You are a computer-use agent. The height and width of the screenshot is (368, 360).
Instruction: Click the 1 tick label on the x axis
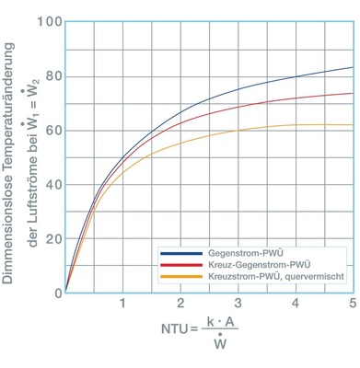pyautogui.click(x=122, y=305)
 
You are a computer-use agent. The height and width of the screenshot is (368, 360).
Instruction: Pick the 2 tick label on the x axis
pyautogui.click(x=180, y=305)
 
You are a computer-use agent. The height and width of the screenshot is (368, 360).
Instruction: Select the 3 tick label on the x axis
pyautogui.click(x=238, y=305)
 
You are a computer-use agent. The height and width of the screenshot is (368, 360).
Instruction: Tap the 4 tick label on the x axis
pyautogui.click(x=295, y=305)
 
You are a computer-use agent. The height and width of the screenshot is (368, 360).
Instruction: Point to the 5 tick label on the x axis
pyautogui.click(x=352, y=305)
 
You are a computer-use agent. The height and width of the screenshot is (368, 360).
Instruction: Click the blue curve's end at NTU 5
pyautogui.click(x=352, y=67)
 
